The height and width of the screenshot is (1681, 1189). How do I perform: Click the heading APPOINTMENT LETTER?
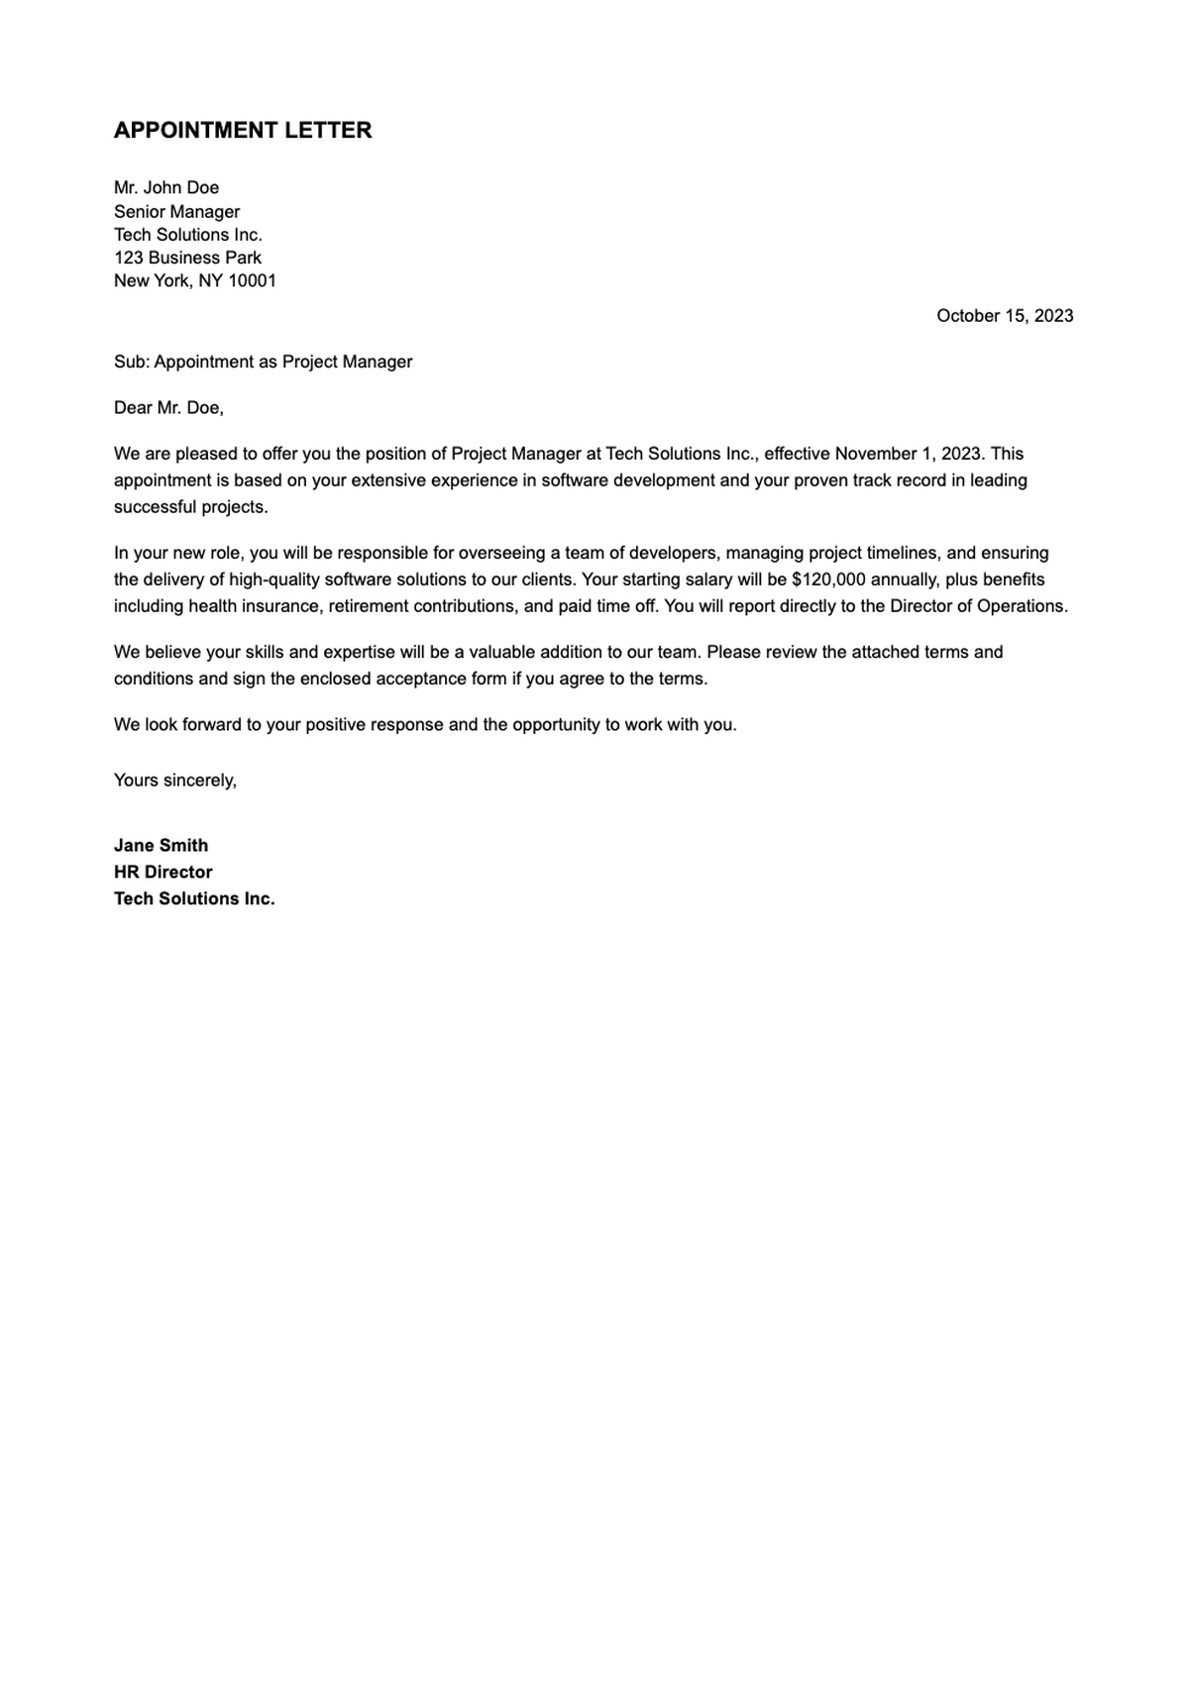(x=243, y=131)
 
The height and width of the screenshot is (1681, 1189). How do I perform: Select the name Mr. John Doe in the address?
(x=166, y=188)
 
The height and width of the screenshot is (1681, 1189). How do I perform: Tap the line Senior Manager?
(x=176, y=212)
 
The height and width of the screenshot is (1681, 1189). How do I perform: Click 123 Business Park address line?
(x=187, y=258)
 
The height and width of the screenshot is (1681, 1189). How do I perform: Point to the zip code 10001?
(x=253, y=281)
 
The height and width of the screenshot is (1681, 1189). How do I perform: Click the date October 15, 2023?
(x=1005, y=316)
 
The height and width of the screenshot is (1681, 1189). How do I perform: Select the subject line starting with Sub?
(x=263, y=363)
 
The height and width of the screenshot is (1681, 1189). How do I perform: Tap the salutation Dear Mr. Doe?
(x=168, y=408)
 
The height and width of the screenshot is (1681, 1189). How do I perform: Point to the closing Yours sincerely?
(x=175, y=781)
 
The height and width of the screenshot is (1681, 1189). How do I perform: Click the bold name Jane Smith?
(x=161, y=846)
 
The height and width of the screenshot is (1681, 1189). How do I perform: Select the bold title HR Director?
(x=162, y=873)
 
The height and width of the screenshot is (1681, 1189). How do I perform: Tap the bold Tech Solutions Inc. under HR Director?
(x=194, y=899)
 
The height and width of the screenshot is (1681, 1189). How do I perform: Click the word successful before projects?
(x=156, y=507)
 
